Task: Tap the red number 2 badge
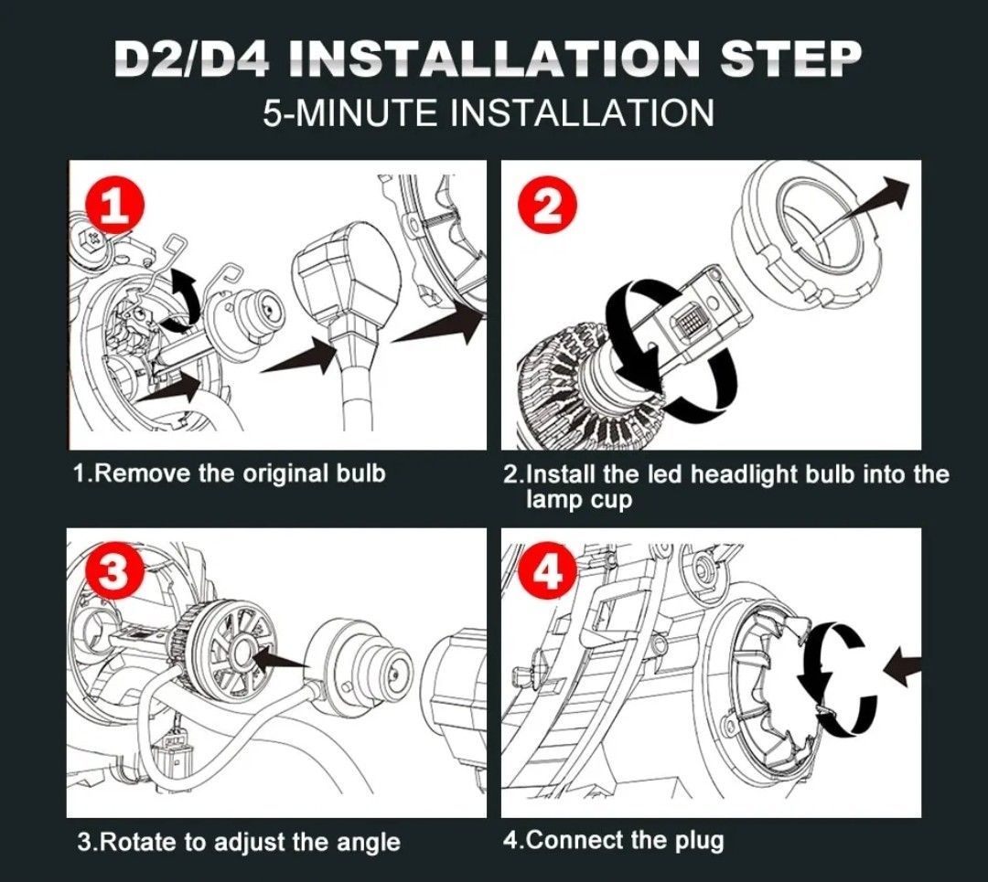547,207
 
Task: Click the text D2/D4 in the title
193,59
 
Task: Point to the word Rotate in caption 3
137,843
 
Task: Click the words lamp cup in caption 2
578,501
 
